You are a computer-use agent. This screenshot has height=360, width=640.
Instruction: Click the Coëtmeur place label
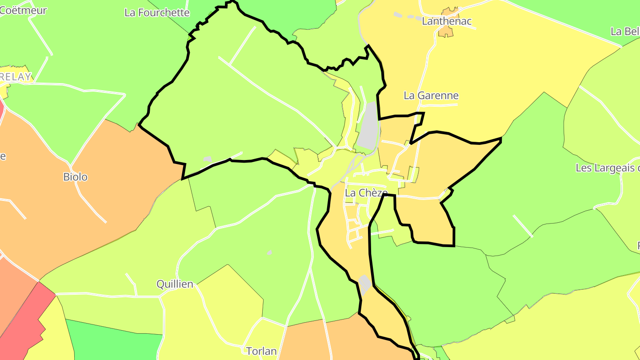(x=23, y=10)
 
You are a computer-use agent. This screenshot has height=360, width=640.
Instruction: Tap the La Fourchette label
(x=157, y=12)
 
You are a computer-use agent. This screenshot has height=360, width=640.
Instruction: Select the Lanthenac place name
(x=447, y=21)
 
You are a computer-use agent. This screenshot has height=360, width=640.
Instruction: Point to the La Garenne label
(x=431, y=96)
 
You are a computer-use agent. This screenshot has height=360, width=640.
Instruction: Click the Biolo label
(x=75, y=177)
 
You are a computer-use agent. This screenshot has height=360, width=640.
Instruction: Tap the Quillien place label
(x=175, y=284)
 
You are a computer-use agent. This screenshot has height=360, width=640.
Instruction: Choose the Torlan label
(x=261, y=351)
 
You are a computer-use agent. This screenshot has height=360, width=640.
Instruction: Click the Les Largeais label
(x=607, y=168)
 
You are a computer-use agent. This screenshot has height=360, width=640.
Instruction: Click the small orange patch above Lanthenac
(x=446, y=31)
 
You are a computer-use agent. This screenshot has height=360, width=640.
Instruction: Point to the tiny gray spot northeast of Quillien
(x=270, y=252)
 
